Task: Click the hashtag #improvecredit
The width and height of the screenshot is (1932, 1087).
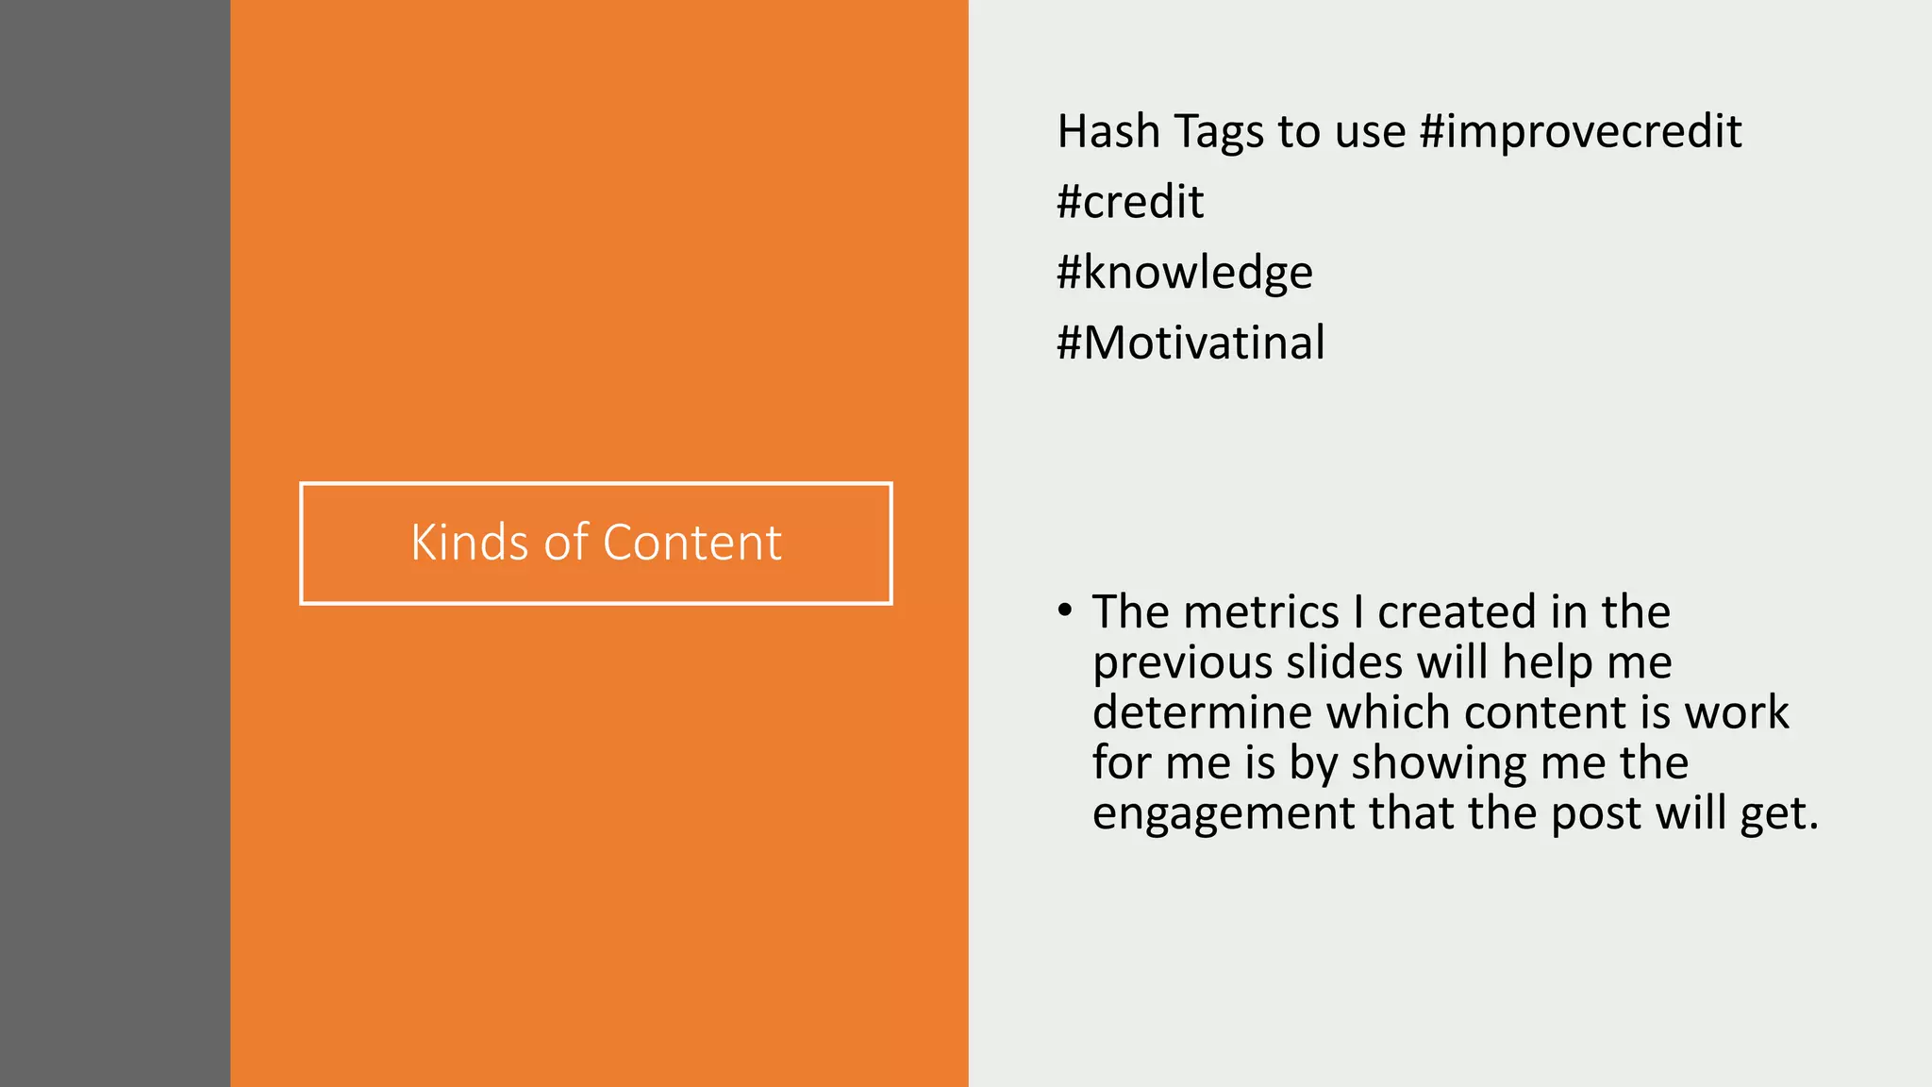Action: click(1580, 132)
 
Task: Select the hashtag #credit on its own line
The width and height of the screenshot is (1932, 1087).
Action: click(1129, 202)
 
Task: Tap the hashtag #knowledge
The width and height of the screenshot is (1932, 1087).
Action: click(1184, 273)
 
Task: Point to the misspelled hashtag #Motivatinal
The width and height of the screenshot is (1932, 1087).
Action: click(1191, 343)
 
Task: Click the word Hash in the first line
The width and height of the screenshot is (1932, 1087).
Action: click(1108, 132)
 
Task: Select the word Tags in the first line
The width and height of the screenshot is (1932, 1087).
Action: click(1218, 132)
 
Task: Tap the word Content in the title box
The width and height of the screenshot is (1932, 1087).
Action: click(691, 543)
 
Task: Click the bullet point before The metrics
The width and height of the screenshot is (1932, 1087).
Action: click(1065, 610)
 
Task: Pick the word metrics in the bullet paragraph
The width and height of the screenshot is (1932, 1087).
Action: click(1261, 612)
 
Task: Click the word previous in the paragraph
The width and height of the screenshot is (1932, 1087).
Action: click(1182, 663)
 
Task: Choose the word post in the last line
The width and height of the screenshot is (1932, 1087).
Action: click(1596, 814)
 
